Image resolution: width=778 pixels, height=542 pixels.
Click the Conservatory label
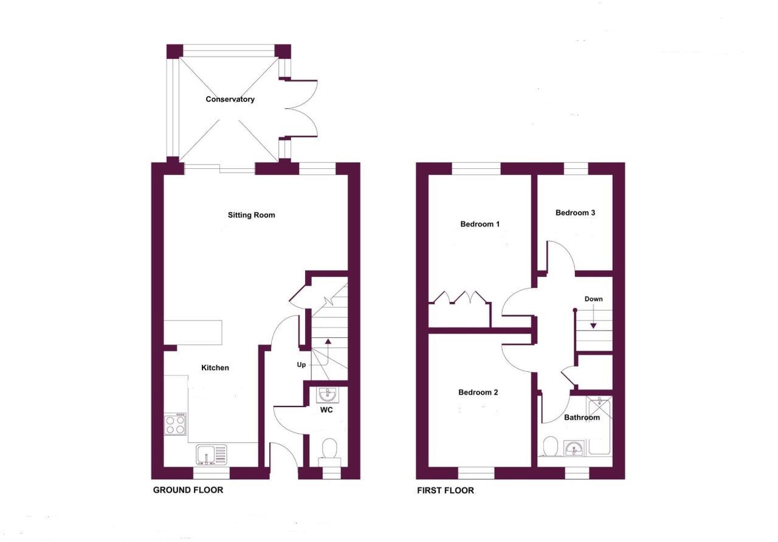point(230,99)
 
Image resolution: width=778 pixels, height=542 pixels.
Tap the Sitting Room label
point(252,215)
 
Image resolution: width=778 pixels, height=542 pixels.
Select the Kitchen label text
point(215,368)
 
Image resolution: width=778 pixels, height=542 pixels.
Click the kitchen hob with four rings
point(175,424)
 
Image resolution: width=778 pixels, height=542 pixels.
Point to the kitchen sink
point(212,455)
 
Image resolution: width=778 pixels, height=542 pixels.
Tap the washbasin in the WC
point(327,395)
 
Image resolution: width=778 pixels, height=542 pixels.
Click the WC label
point(326,410)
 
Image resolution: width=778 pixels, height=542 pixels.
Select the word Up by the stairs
point(301,365)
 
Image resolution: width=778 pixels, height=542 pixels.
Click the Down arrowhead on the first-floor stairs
point(594,326)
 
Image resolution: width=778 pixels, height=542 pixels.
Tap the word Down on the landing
point(594,299)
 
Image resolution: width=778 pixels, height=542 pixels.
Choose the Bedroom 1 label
point(480,224)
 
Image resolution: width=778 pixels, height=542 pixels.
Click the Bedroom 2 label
point(478,393)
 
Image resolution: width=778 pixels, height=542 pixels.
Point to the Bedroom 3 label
point(575,213)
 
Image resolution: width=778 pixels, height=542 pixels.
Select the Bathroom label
point(582,417)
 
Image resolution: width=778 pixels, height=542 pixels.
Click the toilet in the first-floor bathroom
point(550,447)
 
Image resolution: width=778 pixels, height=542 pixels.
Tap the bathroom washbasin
point(574,448)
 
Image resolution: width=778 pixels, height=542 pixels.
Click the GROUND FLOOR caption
point(188,490)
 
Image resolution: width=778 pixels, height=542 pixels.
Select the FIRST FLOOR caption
point(446,490)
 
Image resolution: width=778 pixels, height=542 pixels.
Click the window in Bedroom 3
point(576,169)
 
